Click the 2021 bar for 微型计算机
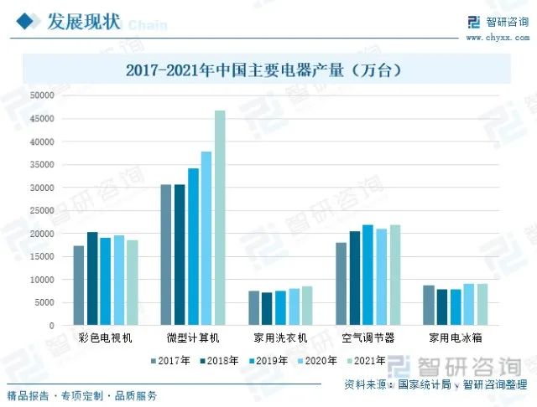pos(220,218)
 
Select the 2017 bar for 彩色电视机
pos(79,285)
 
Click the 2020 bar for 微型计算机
pos(206,238)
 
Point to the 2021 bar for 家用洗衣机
pos(307,306)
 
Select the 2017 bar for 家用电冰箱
pos(429,305)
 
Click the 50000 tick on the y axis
pos(41,95)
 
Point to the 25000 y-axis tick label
pos(41,210)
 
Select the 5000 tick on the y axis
pos(44,302)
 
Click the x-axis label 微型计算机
pos(193,338)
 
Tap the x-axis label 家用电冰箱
pos(455,338)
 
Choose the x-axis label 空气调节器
pos(368,338)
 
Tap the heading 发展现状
pos(82,21)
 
